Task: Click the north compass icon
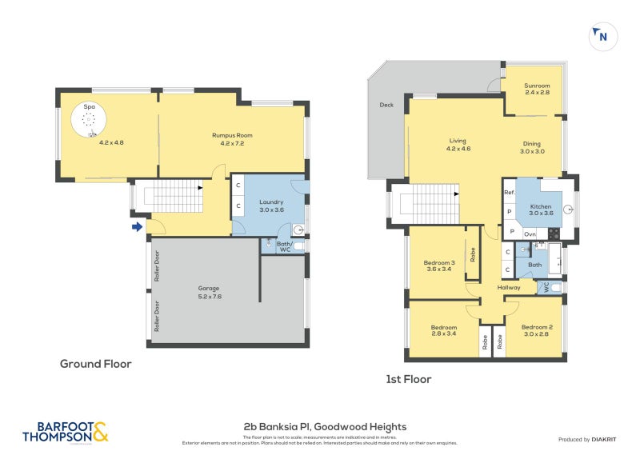point(602,36)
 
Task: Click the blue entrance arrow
point(138,227)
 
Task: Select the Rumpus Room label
point(232,139)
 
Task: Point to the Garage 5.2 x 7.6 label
point(209,292)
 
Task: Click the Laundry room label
point(272,206)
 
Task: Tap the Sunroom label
point(537,89)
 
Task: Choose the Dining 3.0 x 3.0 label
point(532,147)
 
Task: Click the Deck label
point(386,105)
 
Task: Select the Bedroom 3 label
point(439,266)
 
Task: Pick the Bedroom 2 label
point(537,331)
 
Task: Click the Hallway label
point(509,288)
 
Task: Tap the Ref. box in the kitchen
point(509,193)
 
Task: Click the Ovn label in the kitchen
point(530,233)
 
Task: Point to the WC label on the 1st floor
point(547,285)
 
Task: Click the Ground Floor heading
point(96,364)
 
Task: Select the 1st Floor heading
point(408,379)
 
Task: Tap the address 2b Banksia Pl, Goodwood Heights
point(325,427)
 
